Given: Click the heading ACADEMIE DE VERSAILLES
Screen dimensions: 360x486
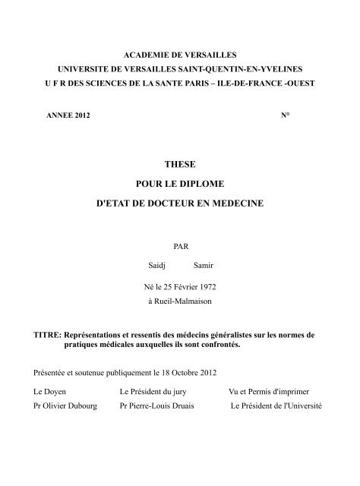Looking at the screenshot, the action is tap(179, 55).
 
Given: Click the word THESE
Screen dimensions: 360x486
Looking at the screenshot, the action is tap(179, 163).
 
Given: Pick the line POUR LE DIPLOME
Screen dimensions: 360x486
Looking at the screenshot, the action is tap(179, 185).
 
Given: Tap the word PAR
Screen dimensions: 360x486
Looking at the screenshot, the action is tap(179, 246).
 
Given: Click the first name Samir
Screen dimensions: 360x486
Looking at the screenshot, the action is tap(204, 266).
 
